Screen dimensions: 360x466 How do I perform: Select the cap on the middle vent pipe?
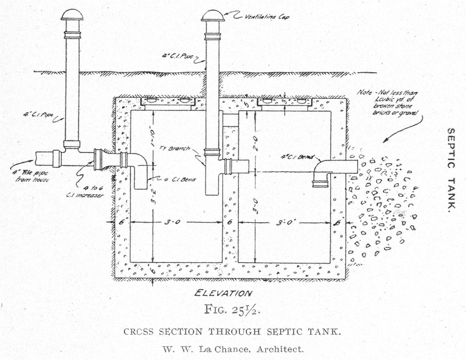click(213, 15)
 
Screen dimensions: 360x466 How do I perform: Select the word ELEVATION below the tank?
click(223, 293)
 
